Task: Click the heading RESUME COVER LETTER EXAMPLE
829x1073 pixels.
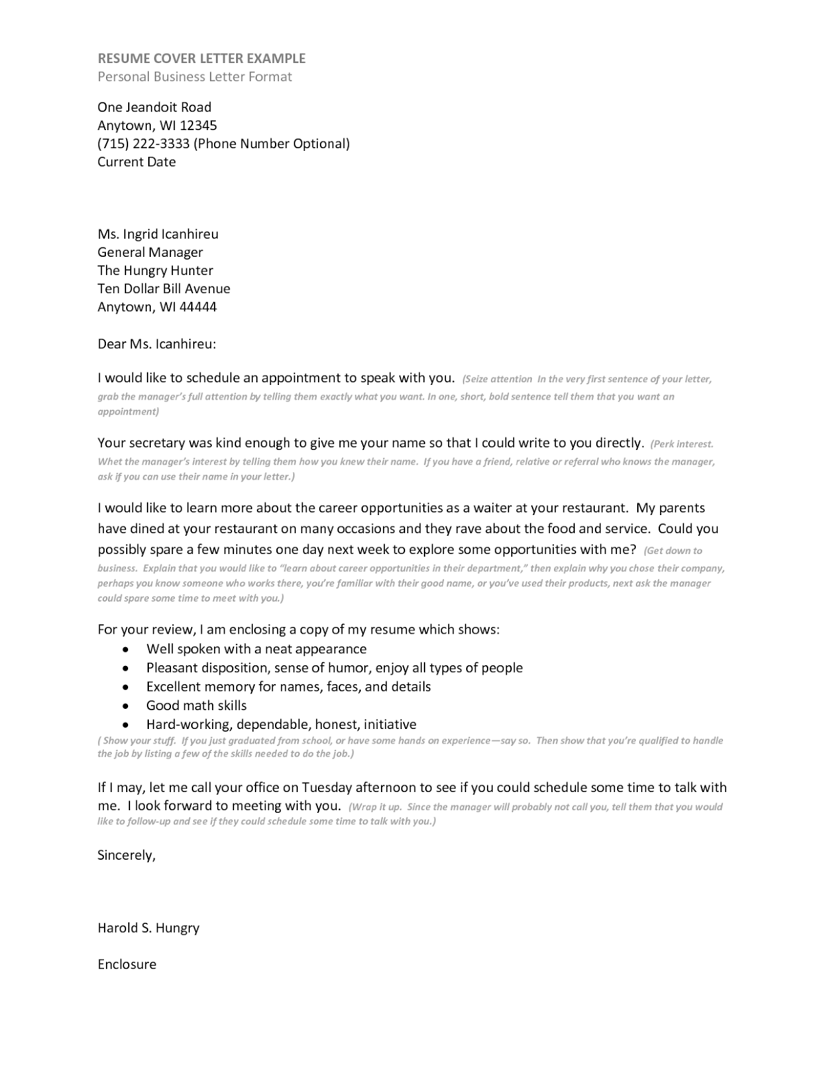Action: point(201,58)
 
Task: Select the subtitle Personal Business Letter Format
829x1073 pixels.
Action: point(195,76)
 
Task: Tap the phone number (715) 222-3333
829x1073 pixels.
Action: point(144,144)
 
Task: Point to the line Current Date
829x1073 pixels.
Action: point(136,162)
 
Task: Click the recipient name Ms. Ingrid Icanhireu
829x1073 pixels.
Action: point(158,234)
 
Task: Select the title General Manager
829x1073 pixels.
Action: point(150,252)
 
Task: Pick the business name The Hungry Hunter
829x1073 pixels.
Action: point(155,270)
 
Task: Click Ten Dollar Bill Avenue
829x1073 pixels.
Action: point(164,288)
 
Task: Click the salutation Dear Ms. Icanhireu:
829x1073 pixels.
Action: point(156,344)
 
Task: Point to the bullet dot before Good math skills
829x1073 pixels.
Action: point(125,706)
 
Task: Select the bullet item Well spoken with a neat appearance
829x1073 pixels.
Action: point(256,649)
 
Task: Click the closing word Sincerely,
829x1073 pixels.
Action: point(126,855)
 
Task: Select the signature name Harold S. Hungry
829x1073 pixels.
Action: point(148,928)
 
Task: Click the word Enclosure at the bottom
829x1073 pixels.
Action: point(127,964)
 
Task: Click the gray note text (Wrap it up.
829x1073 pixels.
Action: point(376,807)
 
